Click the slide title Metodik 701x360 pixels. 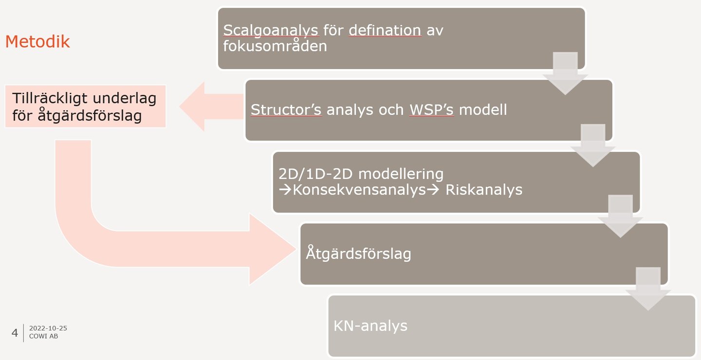tap(37, 42)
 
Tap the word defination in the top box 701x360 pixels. tap(385, 30)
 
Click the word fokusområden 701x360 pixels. tap(275, 46)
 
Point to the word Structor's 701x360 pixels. tap(286, 110)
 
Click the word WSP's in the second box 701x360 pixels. tap(431, 110)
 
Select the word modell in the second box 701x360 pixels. tap(483, 110)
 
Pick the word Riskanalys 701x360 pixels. tap(483, 190)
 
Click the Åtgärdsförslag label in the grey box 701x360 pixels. tap(358, 253)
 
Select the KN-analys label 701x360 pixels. tap(370, 325)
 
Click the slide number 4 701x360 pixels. tap(15, 333)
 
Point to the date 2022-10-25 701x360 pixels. tap(48, 328)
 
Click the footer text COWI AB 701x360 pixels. tap(43, 336)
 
